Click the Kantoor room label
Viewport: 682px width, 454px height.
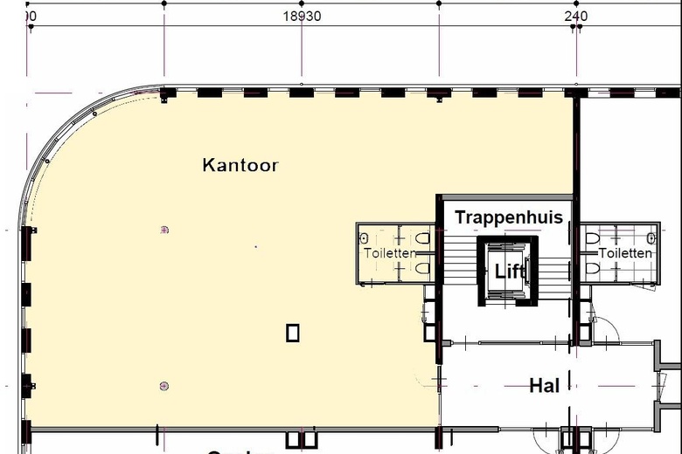[240, 165]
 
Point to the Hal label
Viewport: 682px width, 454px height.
[544, 385]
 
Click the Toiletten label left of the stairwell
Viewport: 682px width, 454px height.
[390, 253]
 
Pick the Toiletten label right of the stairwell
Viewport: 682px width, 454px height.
[625, 253]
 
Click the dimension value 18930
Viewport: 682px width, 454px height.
[302, 16]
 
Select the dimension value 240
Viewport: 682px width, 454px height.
[576, 16]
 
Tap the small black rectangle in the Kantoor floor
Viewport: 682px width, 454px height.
[293, 332]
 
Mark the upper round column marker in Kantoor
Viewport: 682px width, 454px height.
[164, 230]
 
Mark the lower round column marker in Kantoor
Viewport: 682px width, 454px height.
[164, 385]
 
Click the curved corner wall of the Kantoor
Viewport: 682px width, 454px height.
[61, 131]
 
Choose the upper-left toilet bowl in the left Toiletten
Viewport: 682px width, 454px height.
[422, 237]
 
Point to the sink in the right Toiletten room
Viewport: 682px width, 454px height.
[650, 237]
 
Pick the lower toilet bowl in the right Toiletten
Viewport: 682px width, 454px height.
[592, 269]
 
